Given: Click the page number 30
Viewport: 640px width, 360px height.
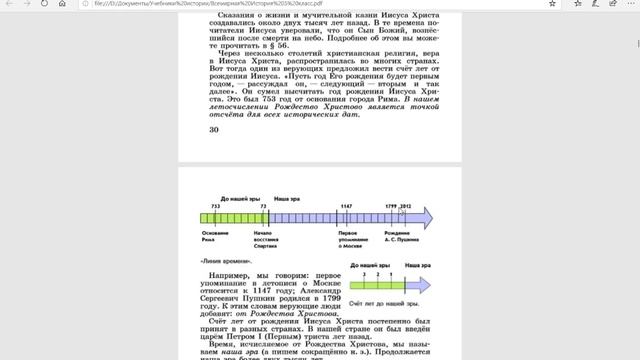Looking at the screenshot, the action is coord(213,130).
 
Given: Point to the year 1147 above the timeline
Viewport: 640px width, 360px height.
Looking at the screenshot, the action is coord(346,206).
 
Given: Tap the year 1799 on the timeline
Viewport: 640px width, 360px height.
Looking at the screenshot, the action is coord(391,206).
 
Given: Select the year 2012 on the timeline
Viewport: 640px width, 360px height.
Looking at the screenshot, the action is coord(405,206).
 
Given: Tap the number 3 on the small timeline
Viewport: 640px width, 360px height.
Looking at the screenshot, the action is coord(365,272).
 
